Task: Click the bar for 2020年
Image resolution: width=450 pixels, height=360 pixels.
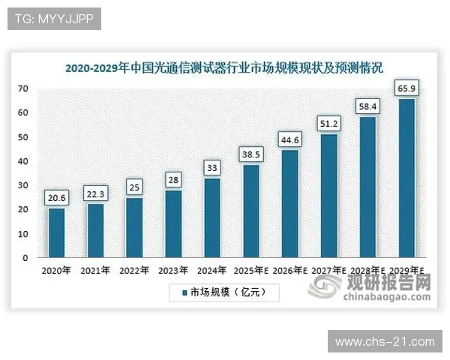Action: tap(56, 232)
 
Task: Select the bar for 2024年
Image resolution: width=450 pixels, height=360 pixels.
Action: tap(211, 217)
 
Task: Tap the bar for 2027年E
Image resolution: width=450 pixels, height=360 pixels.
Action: tap(328, 196)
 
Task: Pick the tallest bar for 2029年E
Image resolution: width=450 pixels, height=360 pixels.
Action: tap(406, 178)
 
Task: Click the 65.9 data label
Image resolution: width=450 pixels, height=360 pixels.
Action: tap(406, 89)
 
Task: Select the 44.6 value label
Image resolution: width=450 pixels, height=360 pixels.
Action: tap(289, 140)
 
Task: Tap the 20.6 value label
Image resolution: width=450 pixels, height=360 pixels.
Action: tap(56, 198)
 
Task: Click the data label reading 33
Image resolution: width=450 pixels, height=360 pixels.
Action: tap(211, 169)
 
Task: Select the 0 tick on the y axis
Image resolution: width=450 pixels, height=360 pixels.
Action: tap(26, 258)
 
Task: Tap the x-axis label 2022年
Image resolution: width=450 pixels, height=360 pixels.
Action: tap(134, 271)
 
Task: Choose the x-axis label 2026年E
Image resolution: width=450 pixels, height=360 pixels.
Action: tap(289, 271)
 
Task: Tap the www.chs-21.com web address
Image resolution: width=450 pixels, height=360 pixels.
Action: tap(384, 342)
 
